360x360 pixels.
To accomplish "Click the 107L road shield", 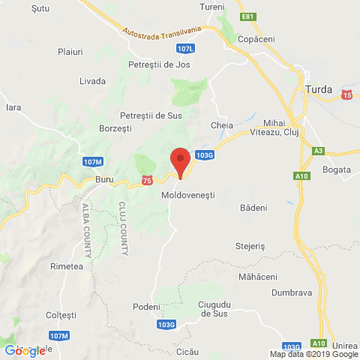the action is (186, 48).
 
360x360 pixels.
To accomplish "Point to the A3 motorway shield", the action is (319, 151).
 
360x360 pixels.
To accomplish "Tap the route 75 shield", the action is (147, 180).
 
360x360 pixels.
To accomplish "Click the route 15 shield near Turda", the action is (346, 95).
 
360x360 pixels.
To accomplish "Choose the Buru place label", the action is (104, 179).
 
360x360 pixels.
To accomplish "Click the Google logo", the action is (25, 350).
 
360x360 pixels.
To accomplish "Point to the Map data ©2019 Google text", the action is (313, 354).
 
